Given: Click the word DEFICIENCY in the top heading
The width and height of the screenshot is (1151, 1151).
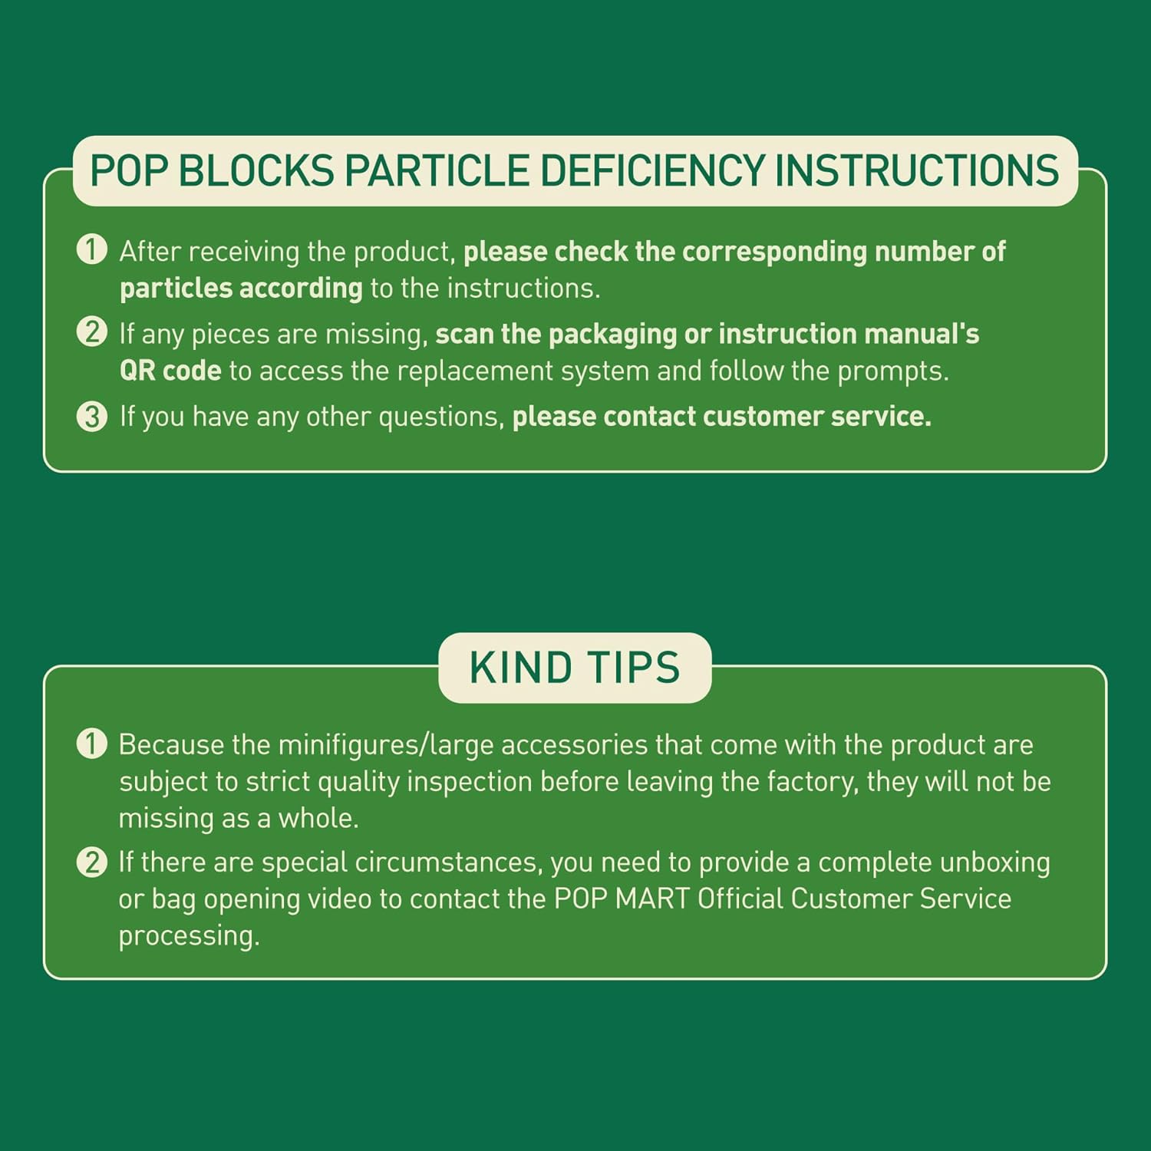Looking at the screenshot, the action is pos(653,170).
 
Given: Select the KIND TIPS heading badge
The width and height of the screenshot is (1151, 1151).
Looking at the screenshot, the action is pos(575,667).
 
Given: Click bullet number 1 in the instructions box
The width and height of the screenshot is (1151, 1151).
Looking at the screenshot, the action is pos(92,250).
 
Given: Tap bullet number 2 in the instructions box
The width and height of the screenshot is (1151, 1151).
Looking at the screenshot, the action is pos(92,332).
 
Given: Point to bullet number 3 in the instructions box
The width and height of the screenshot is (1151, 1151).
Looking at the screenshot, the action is pos(92,416).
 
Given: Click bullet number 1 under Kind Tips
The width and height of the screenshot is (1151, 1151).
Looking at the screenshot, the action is pos(92,744).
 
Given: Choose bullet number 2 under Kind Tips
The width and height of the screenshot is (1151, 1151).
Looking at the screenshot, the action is pos(92,862).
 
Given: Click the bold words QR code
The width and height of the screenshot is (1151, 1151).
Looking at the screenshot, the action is pos(170,371).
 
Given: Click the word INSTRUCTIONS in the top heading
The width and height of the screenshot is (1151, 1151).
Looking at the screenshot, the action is pos(916,170).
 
